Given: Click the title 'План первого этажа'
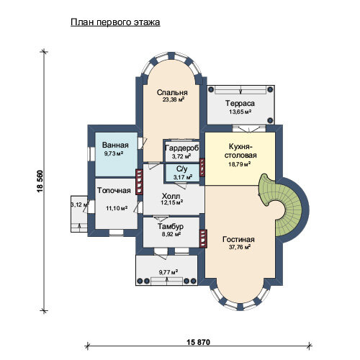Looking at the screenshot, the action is (115, 22).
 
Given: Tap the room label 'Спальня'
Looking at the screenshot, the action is (172, 92).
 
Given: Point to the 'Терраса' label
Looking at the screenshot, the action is (240, 104).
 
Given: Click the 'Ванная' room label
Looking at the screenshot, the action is (115, 145).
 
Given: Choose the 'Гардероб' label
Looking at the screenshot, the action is (182, 148).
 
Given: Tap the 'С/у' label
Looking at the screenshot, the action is (181, 169).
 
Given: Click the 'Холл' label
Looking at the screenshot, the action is (171, 196).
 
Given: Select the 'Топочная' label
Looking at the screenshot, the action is (114, 191).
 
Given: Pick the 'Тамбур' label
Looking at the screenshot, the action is (171, 226).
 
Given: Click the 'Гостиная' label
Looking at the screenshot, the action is (238, 239).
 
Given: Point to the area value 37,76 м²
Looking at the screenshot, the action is (240, 247).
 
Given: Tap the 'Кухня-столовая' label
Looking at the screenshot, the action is (240, 150).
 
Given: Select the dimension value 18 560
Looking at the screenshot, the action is (40, 181).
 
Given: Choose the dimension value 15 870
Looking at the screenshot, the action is (198, 342).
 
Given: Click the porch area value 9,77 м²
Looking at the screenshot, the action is (168, 272).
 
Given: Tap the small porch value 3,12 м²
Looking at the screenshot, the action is (80, 204).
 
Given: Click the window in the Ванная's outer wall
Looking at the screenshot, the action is (91, 154).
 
